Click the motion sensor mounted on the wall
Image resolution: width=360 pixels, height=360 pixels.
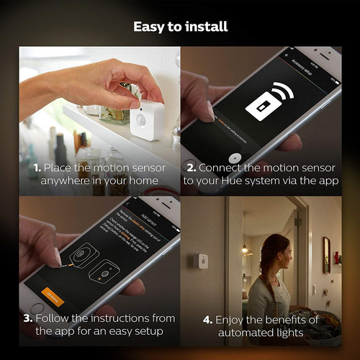(x=204, y=260)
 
